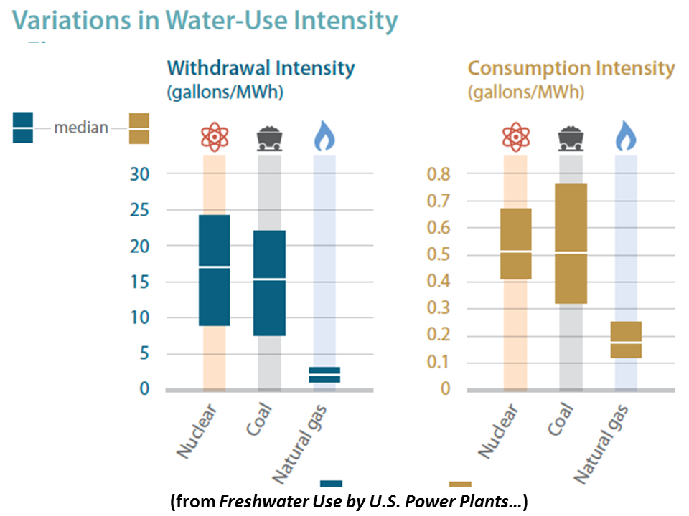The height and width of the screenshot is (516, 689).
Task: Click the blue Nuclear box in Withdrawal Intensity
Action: tap(215, 270)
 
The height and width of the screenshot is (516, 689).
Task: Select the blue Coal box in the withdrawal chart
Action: tap(269, 282)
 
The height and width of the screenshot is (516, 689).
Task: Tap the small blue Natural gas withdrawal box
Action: tap(324, 375)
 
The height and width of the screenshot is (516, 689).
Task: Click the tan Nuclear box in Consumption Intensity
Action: tap(515, 244)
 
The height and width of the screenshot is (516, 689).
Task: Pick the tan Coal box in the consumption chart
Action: tap(571, 244)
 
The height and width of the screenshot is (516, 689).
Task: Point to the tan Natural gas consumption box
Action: tap(626, 340)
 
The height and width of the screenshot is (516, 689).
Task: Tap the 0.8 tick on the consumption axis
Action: tap(439, 174)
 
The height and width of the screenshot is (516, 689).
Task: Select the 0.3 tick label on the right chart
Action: tap(439, 308)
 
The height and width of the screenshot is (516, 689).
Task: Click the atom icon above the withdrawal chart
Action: tap(215, 137)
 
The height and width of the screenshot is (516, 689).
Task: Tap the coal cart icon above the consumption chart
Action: tap(571, 137)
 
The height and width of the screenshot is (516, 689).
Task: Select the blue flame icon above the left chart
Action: tap(324, 137)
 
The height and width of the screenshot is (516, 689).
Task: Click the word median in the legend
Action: tap(81, 128)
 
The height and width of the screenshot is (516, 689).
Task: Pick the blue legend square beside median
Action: tap(23, 128)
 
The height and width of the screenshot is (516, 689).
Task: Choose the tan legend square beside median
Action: tap(139, 128)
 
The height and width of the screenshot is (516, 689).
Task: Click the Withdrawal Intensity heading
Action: tap(261, 69)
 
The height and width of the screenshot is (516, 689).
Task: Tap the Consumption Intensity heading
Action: tap(571, 69)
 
